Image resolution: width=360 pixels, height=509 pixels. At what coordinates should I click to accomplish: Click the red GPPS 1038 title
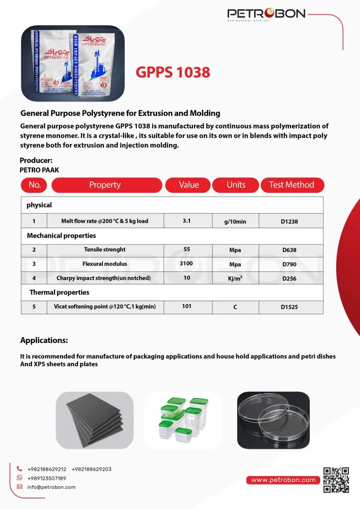173,73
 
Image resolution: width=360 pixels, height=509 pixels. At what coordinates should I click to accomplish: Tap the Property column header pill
105,185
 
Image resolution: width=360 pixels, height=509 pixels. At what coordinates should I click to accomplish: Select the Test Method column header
292,185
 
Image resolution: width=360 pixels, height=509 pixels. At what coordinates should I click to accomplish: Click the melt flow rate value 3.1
186,221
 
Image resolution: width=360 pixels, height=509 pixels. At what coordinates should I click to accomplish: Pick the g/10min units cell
235,221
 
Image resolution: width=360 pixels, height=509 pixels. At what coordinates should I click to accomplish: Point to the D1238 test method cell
289,221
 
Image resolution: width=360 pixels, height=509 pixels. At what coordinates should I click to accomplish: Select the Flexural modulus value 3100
186,263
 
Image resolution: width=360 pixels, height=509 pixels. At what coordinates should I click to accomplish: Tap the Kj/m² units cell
235,278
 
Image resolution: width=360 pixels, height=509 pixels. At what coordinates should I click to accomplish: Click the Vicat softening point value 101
186,307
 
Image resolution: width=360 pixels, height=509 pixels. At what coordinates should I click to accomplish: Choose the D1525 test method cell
289,307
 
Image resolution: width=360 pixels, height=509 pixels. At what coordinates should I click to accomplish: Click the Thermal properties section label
59,292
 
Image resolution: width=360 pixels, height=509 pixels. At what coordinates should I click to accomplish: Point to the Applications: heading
44,340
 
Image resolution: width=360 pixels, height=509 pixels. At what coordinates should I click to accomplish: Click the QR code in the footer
336,479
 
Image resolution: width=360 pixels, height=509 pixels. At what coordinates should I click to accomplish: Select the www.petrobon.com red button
283,480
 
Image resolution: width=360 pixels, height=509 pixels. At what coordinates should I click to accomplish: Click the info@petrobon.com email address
51,487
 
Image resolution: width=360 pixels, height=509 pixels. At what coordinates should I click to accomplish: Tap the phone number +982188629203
91,469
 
